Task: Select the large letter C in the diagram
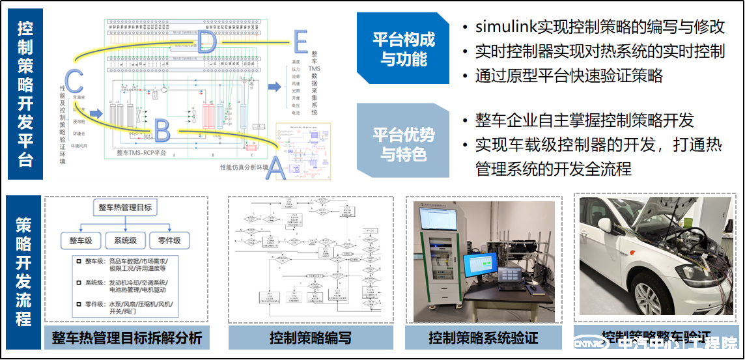74,82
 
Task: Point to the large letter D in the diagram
206,42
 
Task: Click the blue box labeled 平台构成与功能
404,49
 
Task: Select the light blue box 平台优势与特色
404,145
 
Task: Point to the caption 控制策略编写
311,339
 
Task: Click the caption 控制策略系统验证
483,339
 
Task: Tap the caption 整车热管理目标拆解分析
127,339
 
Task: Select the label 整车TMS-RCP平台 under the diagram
141,153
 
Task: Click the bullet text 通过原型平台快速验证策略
569,76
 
